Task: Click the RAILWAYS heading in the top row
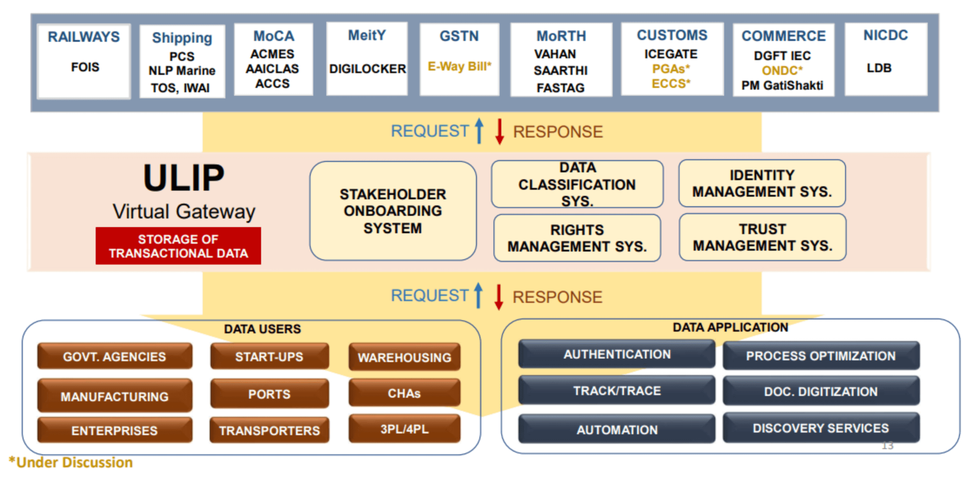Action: coord(83,37)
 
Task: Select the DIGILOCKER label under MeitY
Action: coord(367,69)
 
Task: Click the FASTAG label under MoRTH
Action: coord(560,88)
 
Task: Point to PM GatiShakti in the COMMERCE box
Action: coord(782,85)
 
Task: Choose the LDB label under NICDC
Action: coord(879,68)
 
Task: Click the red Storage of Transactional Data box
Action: coord(178,246)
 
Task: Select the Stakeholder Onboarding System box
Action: coord(393,211)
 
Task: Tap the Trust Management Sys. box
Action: coord(762,237)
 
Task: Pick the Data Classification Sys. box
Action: coord(577,184)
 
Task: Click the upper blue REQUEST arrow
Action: coord(479,131)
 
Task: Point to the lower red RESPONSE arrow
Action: coord(499,297)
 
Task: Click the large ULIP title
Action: coord(183,178)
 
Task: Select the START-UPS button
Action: coord(269,357)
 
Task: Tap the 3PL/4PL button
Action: coord(404,429)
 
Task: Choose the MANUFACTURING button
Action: coord(115,396)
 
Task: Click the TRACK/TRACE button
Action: coord(616,391)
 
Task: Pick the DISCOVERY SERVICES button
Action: coord(820,428)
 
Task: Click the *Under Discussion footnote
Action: coord(71,462)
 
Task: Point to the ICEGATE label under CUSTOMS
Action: coord(671,54)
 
